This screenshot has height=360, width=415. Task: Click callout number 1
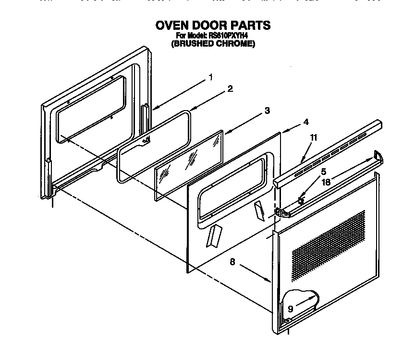tap(210, 77)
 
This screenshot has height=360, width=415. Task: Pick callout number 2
tap(230, 89)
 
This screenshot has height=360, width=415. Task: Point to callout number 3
tap(267, 111)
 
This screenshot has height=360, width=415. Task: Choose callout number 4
tap(306, 123)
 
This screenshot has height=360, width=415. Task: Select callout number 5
tap(324, 172)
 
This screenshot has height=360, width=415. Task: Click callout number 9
tap(290, 309)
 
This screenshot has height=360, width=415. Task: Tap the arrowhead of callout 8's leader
tap(267, 279)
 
